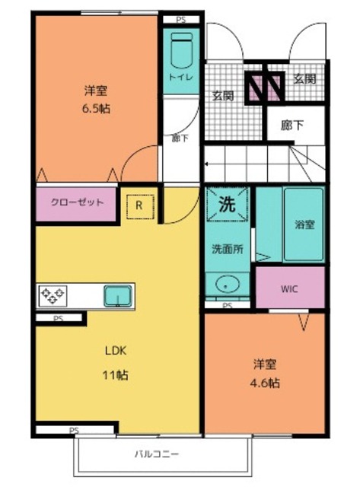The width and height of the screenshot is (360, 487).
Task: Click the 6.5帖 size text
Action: coord(95,108)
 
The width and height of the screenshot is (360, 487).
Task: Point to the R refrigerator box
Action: coord(139,205)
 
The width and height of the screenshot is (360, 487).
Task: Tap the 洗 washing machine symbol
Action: coord(227,204)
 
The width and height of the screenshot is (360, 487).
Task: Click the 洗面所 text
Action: coord(226,249)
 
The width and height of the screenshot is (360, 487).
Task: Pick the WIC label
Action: coord(289,289)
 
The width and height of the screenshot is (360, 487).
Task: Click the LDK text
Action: coord(115,351)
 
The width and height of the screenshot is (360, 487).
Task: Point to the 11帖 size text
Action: coord(115,375)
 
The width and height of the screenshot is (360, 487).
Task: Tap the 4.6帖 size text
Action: coord(266,383)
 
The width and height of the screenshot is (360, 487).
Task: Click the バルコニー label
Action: coord(157,454)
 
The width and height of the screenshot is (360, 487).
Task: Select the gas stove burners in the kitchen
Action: coord(53,294)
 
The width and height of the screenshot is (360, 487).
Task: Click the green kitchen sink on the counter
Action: coord(117,294)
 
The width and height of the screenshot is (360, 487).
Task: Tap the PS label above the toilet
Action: coord(180,20)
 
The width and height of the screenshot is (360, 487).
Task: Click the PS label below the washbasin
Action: coord(227,306)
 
